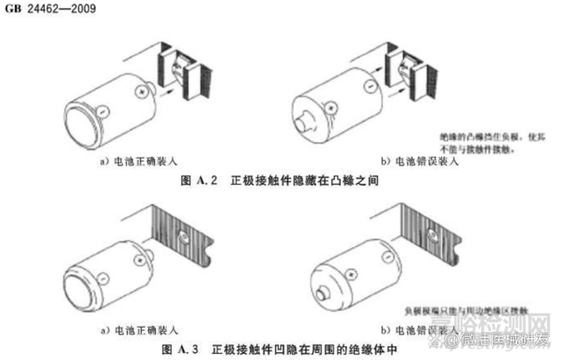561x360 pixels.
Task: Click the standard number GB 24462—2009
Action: pos(43,8)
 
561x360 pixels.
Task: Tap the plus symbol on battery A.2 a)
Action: pos(140,90)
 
